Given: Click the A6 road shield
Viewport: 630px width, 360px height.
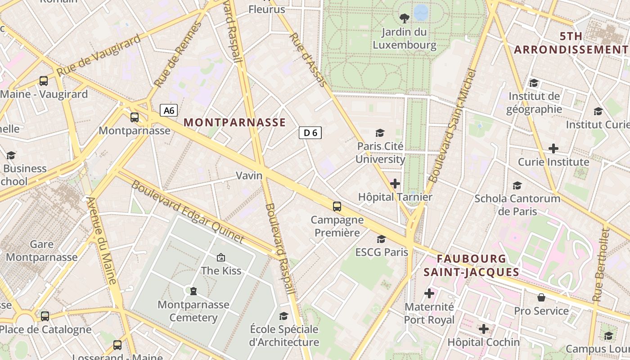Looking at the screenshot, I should point(169,110).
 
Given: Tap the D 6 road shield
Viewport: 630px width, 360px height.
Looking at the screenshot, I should point(310,133).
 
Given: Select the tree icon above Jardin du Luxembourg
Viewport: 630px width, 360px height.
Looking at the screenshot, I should point(405,18).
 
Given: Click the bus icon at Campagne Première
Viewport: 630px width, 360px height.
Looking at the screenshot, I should point(337,207).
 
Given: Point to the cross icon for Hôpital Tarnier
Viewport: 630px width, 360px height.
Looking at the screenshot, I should point(395,184).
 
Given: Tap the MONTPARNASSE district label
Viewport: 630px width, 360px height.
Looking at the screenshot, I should point(234,122).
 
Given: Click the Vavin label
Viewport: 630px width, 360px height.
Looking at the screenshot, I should point(249,175).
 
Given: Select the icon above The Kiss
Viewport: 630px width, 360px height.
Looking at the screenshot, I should point(221,257).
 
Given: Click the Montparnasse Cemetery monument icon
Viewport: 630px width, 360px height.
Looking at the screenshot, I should point(193,291).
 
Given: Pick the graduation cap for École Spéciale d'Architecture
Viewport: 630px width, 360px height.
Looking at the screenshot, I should point(284,316).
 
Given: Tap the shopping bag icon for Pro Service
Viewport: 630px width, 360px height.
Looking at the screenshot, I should point(541,297).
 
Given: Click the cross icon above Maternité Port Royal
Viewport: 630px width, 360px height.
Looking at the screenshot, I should point(429,293).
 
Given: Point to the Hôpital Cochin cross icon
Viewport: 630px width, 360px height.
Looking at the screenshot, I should point(484,329).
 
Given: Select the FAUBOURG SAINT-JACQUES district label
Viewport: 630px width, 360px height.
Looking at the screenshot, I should point(471,265).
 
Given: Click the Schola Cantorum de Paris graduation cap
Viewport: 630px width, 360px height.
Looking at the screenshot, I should point(517,185).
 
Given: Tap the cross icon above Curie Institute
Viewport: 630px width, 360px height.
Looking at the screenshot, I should point(553,148).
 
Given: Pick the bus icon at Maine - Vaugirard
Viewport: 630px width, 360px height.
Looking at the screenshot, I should point(44,81).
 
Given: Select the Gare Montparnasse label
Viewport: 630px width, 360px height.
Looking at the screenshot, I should point(41,251).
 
